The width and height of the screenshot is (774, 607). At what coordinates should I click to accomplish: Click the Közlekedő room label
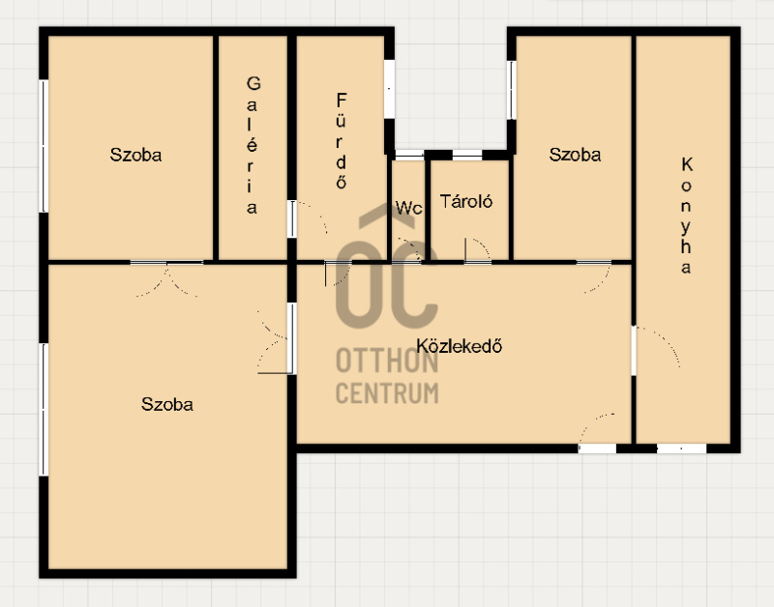point(459,346)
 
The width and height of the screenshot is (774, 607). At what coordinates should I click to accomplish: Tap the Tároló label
point(466,201)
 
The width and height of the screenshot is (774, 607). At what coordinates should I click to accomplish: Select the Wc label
point(408,208)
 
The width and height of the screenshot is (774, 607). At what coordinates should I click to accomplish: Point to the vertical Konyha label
point(686,216)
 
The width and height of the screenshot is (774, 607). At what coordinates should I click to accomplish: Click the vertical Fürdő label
point(342,141)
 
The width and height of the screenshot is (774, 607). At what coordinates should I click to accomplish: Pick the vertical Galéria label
point(253,145)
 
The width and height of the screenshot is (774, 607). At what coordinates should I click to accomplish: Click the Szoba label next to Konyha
point(575,155)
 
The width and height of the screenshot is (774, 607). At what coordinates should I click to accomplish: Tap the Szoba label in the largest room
point(166,404)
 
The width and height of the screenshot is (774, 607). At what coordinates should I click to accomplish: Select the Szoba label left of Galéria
point(135,155)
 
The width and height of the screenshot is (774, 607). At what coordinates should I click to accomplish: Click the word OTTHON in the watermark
point(387,361)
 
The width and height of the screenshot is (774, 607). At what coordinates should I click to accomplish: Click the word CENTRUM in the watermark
point(387,393)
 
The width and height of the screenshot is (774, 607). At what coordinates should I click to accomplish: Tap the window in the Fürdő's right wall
point(390,89)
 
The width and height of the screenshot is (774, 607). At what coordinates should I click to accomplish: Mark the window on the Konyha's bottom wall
point(681,448)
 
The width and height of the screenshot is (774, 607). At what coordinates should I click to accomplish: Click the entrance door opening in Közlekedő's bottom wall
point(597,448)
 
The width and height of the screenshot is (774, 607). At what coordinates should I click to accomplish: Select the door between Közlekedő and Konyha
point(634,351)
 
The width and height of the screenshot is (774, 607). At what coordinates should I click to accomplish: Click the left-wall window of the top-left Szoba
point(44,146)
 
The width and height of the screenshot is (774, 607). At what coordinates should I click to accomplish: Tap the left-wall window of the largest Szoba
point(44,409)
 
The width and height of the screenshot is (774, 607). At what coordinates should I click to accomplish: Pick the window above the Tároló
point(467,155)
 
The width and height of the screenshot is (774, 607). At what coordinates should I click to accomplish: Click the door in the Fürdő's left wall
point(292,218)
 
